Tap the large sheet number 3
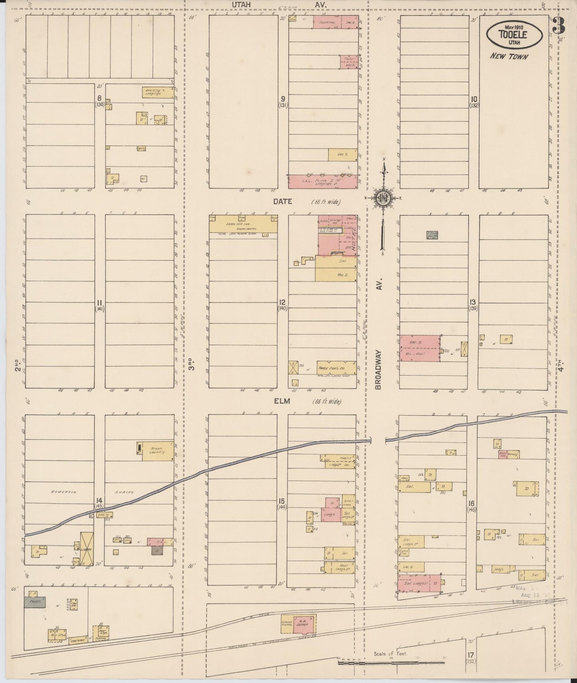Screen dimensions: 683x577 coord(559,26)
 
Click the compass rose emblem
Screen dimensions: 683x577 coord(383,198)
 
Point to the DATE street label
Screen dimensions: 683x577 coord(283,202)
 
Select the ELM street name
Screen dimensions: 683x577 coord(282,401)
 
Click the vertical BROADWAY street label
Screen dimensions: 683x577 coord(379,369)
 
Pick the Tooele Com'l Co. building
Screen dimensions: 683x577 coord(331,367)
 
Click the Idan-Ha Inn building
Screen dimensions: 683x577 coord(243,224)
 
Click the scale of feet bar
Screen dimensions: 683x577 coord(391,663)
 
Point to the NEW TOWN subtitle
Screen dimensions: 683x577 coord(509,57)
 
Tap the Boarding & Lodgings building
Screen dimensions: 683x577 coord(157,93)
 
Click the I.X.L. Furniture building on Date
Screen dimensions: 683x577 coord(323,182)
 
